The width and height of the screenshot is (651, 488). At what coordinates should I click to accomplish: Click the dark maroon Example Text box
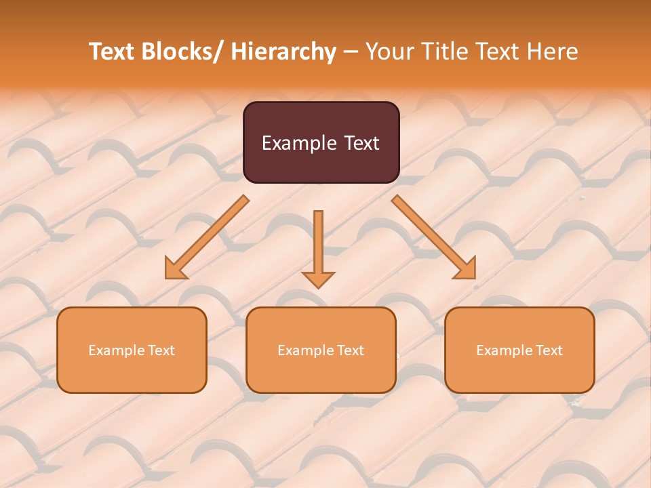point(321,142)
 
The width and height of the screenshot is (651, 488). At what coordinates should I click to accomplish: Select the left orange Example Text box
point(132,350)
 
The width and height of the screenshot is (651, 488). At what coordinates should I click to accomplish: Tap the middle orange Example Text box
point(321,350)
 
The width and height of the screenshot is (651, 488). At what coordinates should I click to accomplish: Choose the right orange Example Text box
point(519,350)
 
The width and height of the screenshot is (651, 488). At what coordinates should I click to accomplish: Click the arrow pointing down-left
point(208,237)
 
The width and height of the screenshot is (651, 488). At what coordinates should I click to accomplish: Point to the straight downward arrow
point(318,248)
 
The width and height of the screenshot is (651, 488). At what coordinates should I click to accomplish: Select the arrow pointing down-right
point(433,237)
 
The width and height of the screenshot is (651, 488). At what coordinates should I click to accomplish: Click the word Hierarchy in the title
point(283,52)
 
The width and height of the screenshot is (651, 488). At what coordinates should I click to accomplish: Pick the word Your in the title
point(390,52)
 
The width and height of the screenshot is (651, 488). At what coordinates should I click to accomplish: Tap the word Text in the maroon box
point(361,143)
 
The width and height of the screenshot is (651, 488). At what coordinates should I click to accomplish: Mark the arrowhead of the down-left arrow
point(175,268)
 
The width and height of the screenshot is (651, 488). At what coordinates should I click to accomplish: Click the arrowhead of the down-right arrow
point(465,268)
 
